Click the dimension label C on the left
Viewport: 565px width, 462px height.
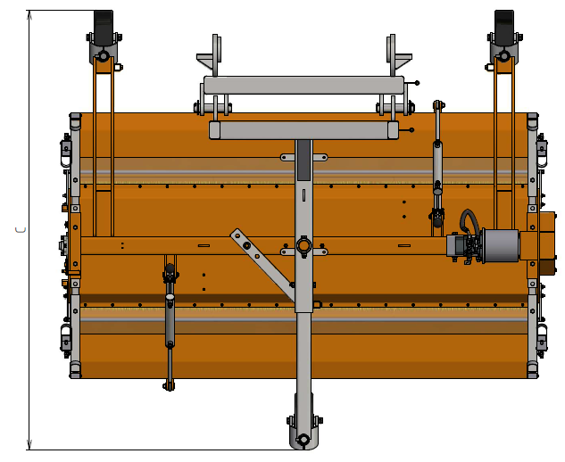point(21,230)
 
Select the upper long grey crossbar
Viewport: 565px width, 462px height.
point(303,86)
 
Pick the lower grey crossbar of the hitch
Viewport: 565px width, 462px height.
point(303,130)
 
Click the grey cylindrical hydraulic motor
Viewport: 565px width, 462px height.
point(501,245)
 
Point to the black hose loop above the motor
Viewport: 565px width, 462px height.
point(469,220)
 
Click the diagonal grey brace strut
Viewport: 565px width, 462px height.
point(262,263)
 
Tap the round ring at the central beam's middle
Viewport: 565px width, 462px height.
point(303,246)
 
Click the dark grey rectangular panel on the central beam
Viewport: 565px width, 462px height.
point(303,161)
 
